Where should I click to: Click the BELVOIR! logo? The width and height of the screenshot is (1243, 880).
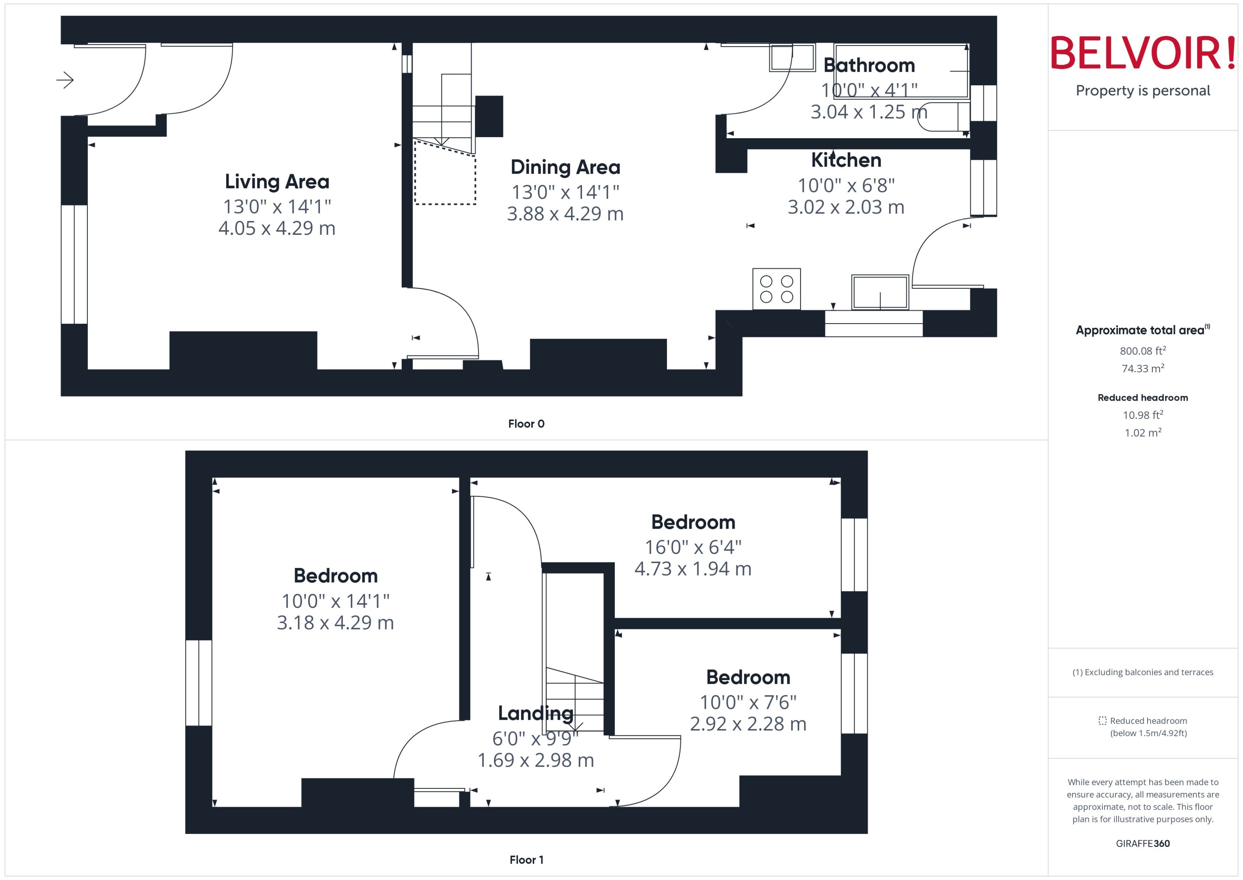[x=1143, y=53]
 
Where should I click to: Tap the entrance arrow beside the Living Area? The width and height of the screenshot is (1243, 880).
[x=65, y=80]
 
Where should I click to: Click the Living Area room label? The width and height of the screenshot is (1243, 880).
[x=277, y=182]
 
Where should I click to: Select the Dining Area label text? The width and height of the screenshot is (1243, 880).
[x=565, y=167]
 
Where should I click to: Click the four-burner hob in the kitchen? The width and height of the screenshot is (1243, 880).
[x=776, y=289]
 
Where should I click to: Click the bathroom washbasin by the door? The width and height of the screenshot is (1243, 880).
[x=792, y=58]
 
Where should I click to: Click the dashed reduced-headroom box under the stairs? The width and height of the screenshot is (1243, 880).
[x=445, y=173]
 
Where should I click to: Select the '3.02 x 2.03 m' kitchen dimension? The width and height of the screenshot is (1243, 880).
[x=846, y=207]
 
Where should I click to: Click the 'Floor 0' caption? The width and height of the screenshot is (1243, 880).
[x=526, y=424]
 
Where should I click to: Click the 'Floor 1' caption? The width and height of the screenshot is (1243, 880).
[x=526, y=859]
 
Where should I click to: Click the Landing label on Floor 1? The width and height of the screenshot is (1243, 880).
[x=535, y=713]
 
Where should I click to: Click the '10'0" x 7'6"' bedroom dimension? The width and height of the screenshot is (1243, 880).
[x=748, y=702]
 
